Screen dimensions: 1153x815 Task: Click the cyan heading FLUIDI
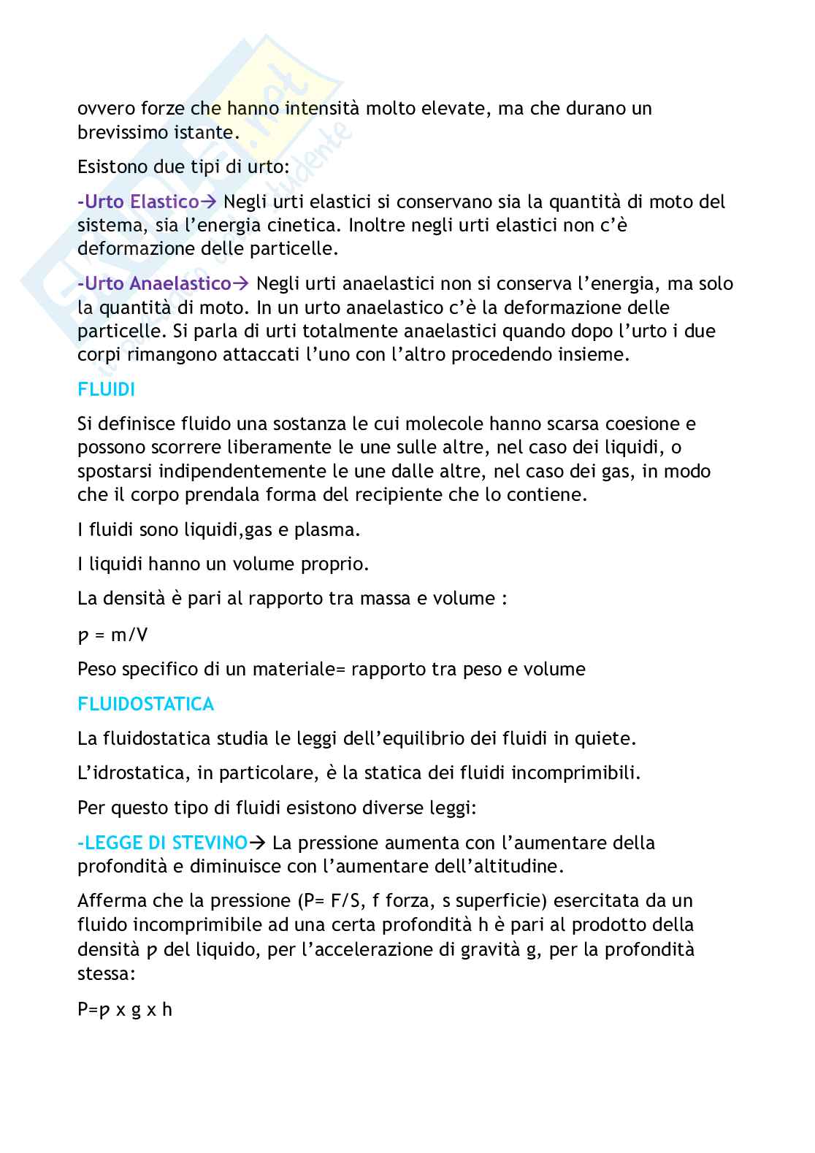pos(106,390)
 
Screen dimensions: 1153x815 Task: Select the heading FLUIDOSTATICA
pos(145,704)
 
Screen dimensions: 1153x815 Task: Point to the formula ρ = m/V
pos(112,635)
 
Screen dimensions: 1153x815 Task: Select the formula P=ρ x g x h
pos(124,1010)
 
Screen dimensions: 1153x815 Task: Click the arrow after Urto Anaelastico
pos(241,283)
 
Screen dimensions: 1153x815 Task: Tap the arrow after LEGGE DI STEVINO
pos(257,843)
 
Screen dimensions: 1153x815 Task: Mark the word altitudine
pos(509,867)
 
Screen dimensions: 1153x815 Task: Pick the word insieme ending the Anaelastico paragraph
pos(593,355)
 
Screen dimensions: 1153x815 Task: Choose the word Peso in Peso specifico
pos(96,669)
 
